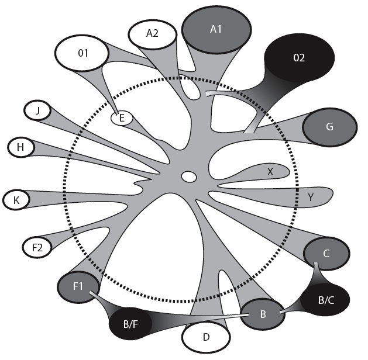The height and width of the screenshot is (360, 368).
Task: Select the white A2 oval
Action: click(x=152, y=34)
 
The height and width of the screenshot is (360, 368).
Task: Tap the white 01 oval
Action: click(x=82, y=54)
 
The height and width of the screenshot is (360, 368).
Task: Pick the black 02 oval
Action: click(x=299, y=58)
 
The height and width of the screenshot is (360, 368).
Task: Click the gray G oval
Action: click(x=329, y=126)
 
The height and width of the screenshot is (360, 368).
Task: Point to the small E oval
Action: click(x=122, y=118)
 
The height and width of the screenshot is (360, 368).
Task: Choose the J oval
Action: click(x=37, y=110)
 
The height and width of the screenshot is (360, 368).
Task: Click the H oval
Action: click(x=20, y=147)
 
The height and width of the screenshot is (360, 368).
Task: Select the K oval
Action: click(x=16, y=200)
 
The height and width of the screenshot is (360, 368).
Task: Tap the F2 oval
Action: click(x=37, y=248)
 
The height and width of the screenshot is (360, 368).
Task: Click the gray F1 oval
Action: click(x=77, y=287)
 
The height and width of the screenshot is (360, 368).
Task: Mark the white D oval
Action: click(x=205, y=337)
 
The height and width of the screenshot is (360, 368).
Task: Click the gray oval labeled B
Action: click(x=263, y=314)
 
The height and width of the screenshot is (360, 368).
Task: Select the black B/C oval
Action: click(x=325, y=300)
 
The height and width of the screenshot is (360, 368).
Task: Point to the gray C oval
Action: click(x=326, y=253)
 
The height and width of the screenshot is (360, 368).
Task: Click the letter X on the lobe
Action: click(x=270, y=172)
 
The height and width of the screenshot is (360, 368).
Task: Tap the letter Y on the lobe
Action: click(x=310, y=198)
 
